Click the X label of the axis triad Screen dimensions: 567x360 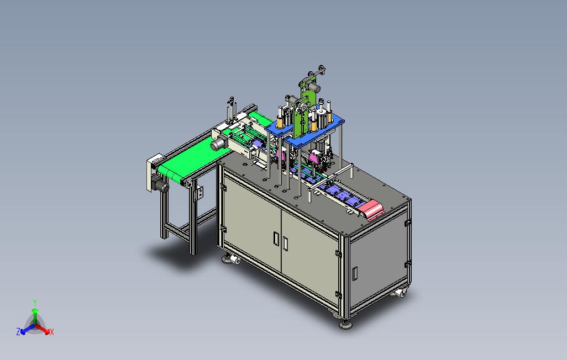52,332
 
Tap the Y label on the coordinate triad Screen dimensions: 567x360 35,302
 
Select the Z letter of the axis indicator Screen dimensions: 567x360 18,331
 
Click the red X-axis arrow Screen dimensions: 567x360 43,329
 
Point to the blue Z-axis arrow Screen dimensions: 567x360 28,329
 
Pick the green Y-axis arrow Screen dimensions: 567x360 35,316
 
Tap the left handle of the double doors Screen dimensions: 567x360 276,239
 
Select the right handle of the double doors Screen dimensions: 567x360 285,243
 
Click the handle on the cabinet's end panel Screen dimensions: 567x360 355,274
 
